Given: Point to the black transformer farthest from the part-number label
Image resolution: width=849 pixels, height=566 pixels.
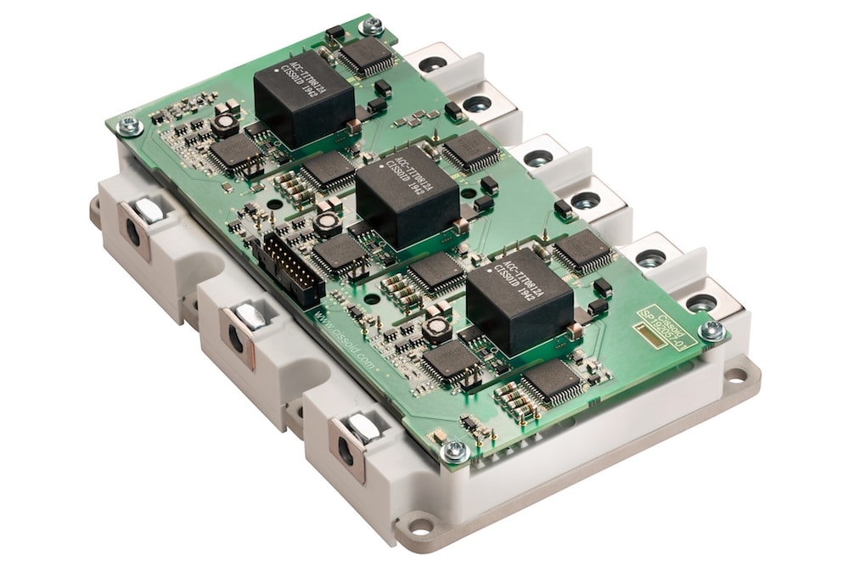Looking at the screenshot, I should pos(304,96).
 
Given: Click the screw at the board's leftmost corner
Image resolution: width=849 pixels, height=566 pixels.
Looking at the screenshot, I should pos(129,126).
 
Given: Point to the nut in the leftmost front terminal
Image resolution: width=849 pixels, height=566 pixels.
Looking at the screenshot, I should pos(149,212).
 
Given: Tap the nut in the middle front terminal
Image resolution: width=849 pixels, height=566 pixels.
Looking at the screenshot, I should pos(250,317).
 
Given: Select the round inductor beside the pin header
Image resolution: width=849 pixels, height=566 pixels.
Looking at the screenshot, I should pos(328,224).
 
